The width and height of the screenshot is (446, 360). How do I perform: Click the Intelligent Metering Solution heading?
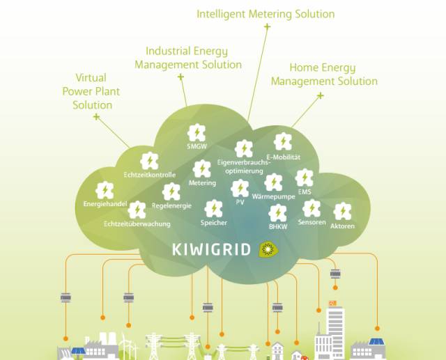pos(266,14)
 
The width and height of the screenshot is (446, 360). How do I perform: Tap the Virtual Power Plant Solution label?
pos(91,91)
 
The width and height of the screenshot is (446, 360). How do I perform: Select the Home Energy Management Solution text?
pos(324,75)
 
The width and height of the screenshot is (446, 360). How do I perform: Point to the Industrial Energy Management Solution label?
pos(188,58)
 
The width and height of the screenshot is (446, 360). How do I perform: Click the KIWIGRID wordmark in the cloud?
pos(211,249)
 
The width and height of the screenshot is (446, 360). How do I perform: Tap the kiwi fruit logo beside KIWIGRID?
pos(268,249)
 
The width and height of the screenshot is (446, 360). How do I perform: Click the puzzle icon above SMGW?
pos(197,132)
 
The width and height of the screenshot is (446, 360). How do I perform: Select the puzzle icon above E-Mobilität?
pos(283,141)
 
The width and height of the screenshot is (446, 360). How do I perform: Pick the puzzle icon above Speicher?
pos(214,209)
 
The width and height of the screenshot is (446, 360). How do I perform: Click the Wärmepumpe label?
pos(274,196)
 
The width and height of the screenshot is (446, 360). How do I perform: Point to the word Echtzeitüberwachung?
pos(137,224)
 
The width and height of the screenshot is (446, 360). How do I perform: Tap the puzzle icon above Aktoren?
pos(342,212)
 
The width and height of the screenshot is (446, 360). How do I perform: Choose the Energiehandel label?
pos(105,204)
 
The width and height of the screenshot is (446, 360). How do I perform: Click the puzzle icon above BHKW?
pos(278,213)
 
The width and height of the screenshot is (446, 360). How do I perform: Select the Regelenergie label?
pos(171,205)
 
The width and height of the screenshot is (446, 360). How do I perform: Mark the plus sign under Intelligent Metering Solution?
pos(267,27)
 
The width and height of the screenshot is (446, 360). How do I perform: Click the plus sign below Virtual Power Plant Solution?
pos(97,116)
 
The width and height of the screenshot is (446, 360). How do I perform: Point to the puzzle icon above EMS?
pos(304,178)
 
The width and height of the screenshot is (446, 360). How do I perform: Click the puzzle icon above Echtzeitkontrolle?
pos(149,161)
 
